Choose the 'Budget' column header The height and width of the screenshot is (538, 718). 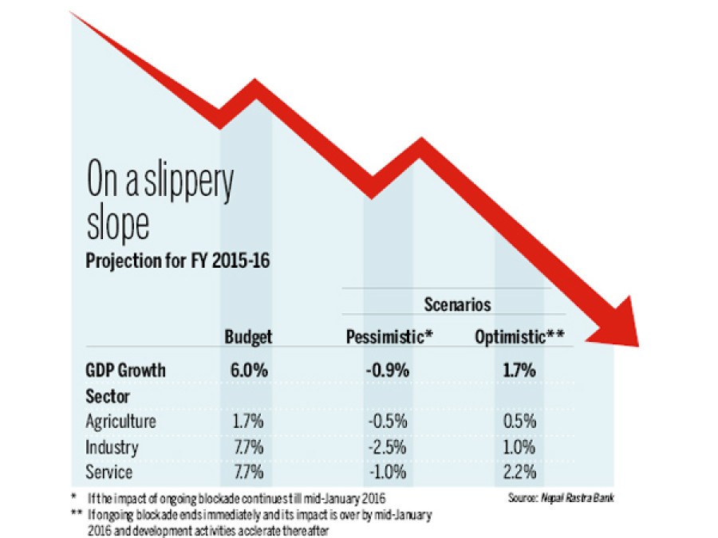pos(248,337)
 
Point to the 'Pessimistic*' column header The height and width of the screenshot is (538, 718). pos(389,337)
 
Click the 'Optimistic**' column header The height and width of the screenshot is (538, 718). pos(519,337)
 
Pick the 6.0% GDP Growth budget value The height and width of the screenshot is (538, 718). pos(248,371)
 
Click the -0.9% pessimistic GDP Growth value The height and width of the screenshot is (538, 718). pos(389,371)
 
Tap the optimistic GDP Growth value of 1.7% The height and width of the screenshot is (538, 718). pos(519,371)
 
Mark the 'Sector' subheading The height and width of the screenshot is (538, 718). pos(108,396)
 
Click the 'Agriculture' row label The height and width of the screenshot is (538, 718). pos(120,422)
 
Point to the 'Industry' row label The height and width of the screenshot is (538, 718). pos(112,447)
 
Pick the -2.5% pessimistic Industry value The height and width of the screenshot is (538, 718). pos(389,447)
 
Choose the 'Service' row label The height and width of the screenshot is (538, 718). pos(108,472)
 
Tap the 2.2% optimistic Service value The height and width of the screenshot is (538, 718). pos(519,472)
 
